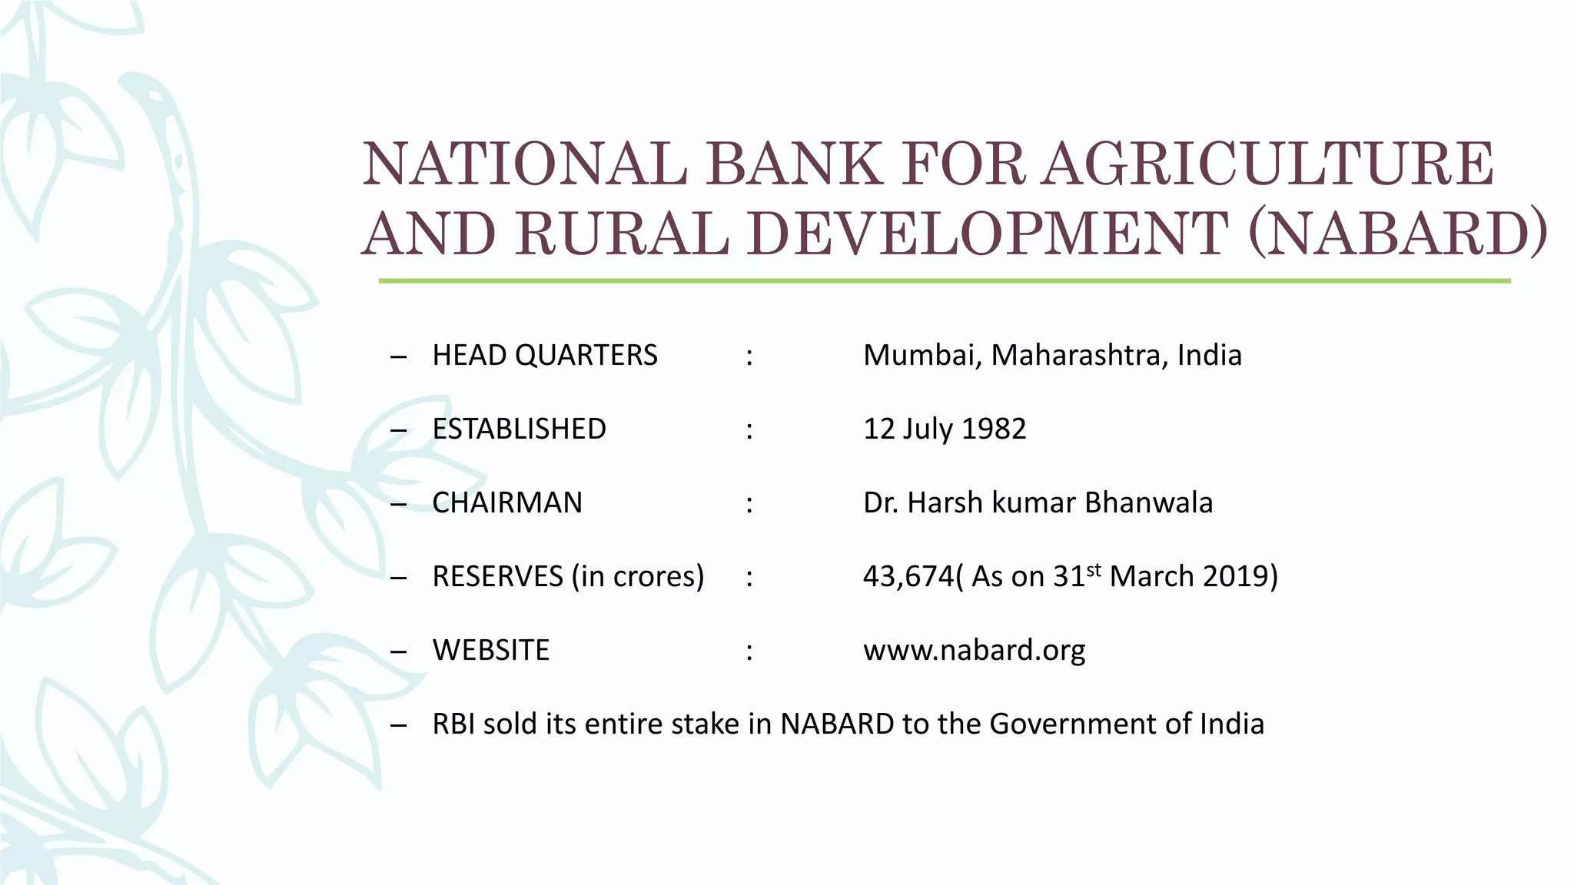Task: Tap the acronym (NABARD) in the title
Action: (x=1397, y=233)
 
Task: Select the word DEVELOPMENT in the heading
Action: (x=987, y=233)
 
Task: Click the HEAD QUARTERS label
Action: (x=545, y=356)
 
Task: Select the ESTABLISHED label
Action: (x=520, y=429)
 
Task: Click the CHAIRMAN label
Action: (x=507, y=503)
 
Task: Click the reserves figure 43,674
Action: (x=908, y=577)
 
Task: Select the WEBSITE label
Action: (x=491, y=651)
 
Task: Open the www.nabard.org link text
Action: (x=974, y=651)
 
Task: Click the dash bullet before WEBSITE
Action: (x=398, y=651)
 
